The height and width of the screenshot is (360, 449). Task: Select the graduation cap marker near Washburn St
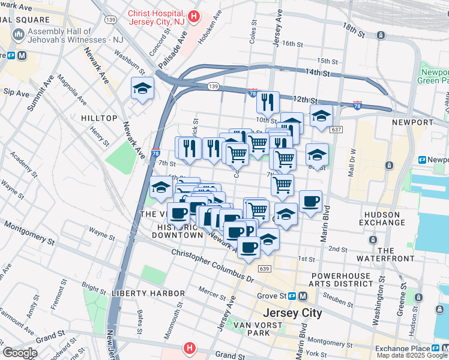[142, 89]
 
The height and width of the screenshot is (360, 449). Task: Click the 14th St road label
[318, 73]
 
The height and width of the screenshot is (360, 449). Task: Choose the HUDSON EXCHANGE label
[381, 218]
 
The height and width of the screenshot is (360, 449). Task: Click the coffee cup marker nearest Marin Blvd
[310, 202]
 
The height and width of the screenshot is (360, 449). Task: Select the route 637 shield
[336, 130]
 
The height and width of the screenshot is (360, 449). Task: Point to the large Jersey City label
[292, 313]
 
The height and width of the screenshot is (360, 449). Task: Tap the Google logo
[20, 353]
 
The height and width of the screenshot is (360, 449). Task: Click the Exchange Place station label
[403, 349]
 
